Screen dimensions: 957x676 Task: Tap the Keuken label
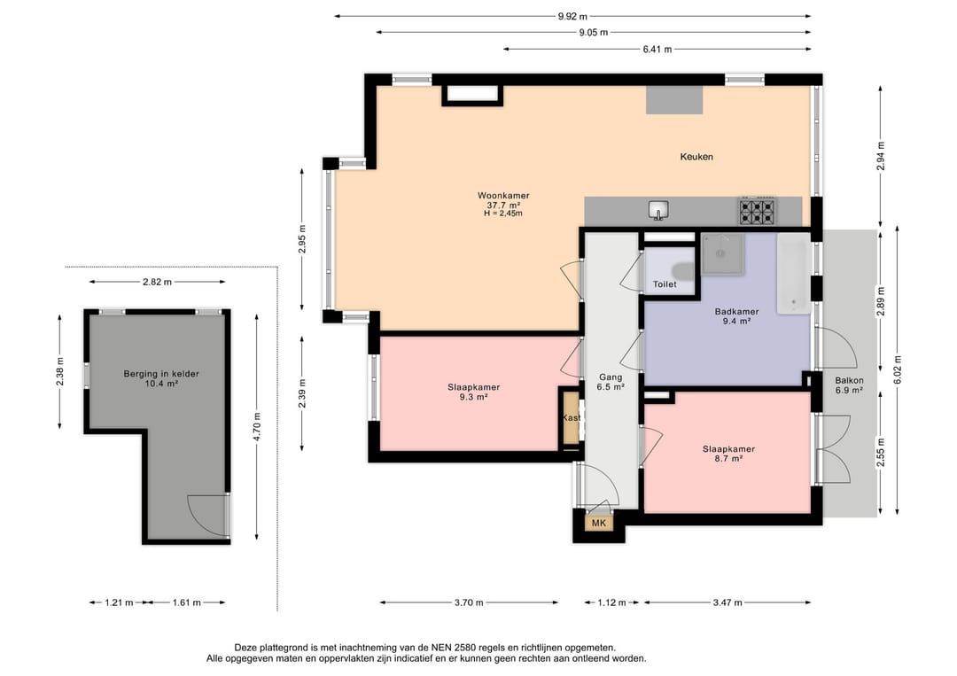click(696, 157)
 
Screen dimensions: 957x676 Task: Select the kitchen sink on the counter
click(657, 210)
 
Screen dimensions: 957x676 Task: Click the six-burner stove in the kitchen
click(757, 211)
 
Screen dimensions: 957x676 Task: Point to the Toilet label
click(665, 284)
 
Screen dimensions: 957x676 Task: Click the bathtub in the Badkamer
click(793, 274)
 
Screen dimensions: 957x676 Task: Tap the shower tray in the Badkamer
click(723, 253)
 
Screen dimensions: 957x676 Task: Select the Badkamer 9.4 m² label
click(736, 316)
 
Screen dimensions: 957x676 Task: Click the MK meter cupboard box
click(599, 523)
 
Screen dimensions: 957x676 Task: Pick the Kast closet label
click(572, 418)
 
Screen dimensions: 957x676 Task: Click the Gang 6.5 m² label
click(611, 382)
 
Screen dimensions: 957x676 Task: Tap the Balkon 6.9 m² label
click(849, 385)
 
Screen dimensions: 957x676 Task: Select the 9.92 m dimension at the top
click(572, 17)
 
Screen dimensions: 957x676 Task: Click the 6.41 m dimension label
click(657, 50)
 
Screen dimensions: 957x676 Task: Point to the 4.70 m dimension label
click(257, 426)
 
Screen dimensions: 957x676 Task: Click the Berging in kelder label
click(161, 374)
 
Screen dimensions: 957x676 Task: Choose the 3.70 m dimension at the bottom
click(469, 602)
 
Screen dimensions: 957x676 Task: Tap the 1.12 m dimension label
click(611, 602)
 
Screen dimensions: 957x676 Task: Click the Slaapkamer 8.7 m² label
click(728, 454)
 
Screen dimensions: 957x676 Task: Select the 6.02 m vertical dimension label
click(898, 370)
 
